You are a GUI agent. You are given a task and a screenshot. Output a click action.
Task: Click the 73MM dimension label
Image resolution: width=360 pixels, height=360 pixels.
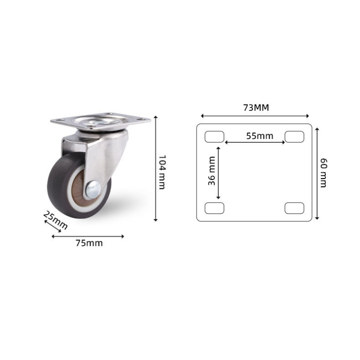(256, 108)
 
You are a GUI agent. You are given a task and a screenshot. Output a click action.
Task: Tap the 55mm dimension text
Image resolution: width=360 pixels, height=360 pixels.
(259, 135)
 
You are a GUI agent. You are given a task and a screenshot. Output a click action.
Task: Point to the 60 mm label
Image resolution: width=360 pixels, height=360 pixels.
(324, 172)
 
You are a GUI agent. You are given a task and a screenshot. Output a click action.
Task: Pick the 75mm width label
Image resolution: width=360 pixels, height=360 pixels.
(89, 243)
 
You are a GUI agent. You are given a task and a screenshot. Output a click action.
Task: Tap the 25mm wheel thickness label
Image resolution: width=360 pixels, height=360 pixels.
(55, 220)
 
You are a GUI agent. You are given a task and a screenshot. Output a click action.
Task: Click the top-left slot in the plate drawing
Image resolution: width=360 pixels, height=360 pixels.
(214, 136)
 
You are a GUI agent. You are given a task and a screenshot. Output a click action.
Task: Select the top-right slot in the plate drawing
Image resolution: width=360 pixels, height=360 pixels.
(294, 136)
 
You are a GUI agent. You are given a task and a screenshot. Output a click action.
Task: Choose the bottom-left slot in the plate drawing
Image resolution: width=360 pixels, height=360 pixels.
(214, 207)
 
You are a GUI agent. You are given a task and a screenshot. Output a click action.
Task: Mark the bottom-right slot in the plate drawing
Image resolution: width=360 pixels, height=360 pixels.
(294, 207)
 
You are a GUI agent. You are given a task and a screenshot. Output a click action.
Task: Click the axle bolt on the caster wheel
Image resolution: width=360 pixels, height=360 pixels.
(93, 189)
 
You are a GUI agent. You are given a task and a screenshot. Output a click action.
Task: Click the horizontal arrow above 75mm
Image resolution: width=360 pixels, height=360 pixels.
(88, 236)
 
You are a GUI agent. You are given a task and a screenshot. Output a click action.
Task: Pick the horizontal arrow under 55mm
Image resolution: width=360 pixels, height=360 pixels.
(255, 142)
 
